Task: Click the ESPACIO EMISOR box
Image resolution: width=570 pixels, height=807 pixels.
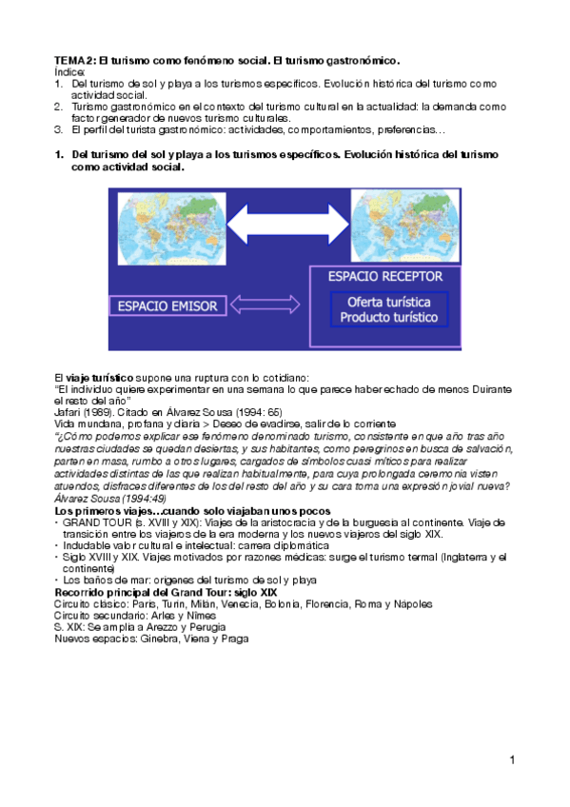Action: coord(167,305)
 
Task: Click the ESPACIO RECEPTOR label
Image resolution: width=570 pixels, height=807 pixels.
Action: coord(384,276)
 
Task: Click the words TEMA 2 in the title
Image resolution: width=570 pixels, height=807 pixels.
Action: coord(75,60)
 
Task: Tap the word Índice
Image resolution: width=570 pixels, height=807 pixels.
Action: coord(69,71)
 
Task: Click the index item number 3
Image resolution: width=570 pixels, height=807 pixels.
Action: coord(58,128)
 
